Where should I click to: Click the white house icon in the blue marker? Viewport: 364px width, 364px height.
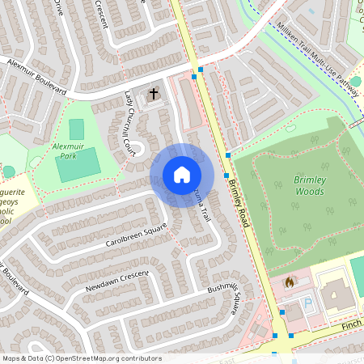click(x=182, y=175)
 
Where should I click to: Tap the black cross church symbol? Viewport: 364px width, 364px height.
click(x=154, y=95)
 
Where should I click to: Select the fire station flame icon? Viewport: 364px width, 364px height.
click(x=290, y=282)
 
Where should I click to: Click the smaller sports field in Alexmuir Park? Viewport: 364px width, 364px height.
click(x=76, y=129)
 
